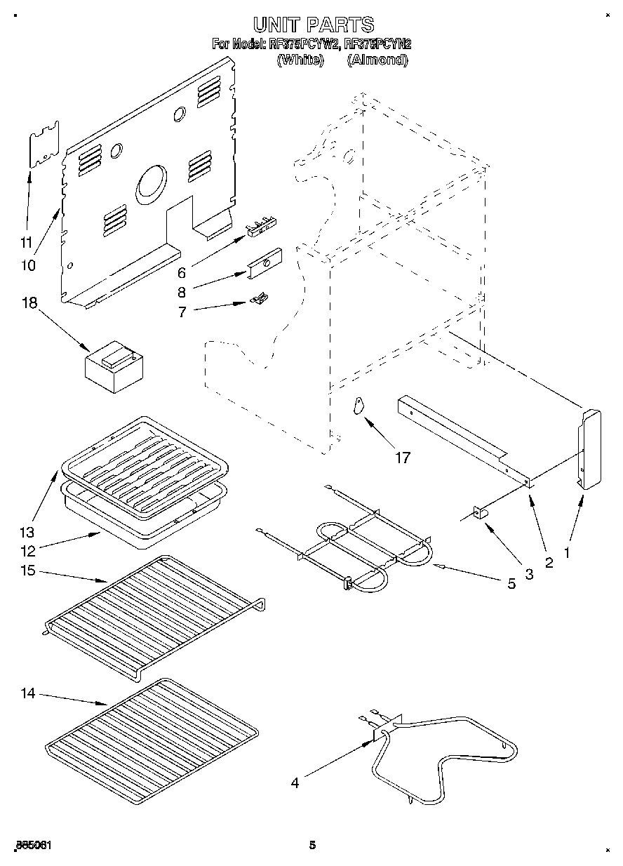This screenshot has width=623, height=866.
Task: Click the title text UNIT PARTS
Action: pos(314,25)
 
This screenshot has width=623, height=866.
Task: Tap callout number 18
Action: pos(29,304)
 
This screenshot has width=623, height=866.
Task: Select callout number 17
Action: pos(402,458)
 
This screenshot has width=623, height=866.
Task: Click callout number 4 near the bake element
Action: pos(295,782)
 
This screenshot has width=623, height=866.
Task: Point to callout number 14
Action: pos(27,693)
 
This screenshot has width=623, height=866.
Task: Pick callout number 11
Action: pos(26,244)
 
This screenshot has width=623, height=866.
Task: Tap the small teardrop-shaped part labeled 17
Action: pos(359,406)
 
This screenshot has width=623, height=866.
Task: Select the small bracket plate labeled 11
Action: pos(43,145)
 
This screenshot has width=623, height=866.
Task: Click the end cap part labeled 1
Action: pos(588,449)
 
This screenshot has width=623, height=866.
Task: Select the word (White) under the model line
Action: pos(300,60)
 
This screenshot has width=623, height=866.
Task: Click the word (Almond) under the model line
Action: pos(377,60)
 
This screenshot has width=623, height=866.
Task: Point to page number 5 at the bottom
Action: pos(313,845)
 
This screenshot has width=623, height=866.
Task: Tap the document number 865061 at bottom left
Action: pos(32,845)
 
